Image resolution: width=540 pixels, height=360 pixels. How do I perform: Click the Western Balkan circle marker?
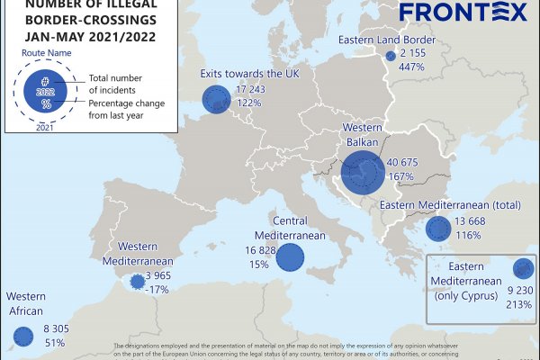click(363, 171)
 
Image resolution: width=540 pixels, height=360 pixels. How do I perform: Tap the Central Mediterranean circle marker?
click(290, 257)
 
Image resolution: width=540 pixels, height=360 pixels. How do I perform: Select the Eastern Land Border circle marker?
click(390, 56)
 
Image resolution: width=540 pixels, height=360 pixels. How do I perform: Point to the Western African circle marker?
click(22, 337)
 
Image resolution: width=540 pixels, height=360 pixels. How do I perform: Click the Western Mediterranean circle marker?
click(138, 282)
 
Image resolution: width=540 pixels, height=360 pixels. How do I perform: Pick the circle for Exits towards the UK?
click(216, 97)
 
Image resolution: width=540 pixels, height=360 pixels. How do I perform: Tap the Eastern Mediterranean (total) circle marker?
click(438, 229)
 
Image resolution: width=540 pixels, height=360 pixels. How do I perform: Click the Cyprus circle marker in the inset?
click(522, 269)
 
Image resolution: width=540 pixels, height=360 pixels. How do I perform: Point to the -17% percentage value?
click(158, 289)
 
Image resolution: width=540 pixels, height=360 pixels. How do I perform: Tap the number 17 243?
click(256, 90)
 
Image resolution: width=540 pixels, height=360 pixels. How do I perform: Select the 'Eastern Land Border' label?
click(387, 40)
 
